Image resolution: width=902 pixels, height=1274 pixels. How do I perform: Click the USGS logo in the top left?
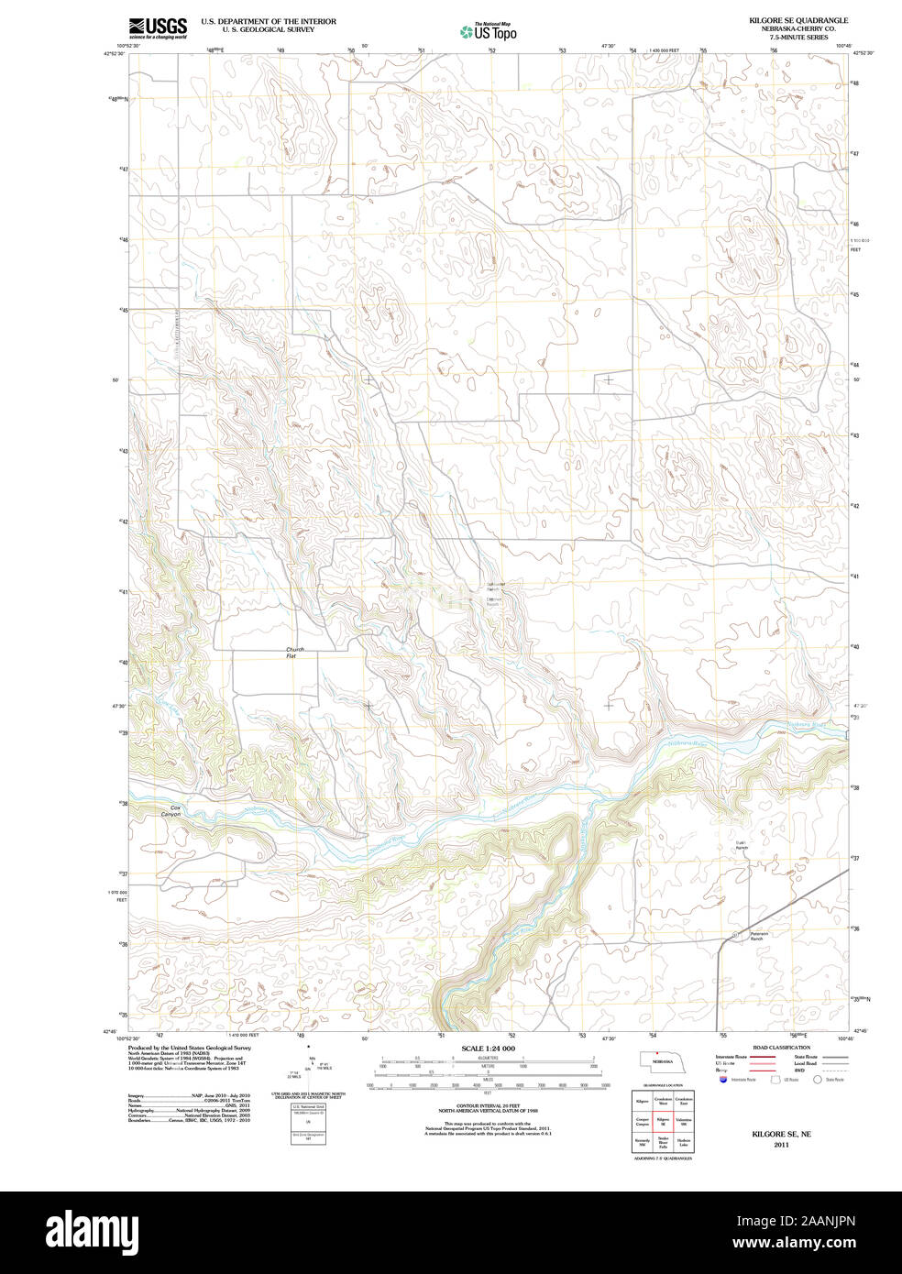pyautogui.click(x=158, y=27)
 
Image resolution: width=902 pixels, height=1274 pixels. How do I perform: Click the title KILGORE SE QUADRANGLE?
pyautogui.click(x=797, y=20)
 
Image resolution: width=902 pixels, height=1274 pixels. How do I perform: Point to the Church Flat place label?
pyautogui.click(x=294, y=653)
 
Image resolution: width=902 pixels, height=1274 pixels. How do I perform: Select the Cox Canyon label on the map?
pyautogui.click(x=170, y=810)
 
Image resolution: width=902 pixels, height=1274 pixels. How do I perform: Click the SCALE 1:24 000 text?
pyautogui.click(x=488, y=1049)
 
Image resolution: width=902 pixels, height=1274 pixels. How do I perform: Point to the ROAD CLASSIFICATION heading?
pyautogui.click(x=781, y=1048)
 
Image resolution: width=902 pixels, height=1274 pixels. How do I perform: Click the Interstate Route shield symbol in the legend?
pyautogui.click(x=723, y=1081)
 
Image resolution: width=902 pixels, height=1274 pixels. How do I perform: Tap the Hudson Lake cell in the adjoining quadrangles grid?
pyautogui.click(x=684, y=1143)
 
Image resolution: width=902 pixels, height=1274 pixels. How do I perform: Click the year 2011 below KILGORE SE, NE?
pyautogui.click(x=781, y=1145)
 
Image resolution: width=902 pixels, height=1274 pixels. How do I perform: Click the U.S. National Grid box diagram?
pyautogui.click(x=307, y=1122)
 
